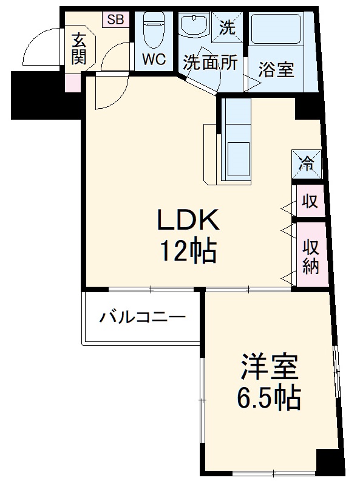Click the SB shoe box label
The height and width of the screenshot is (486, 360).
[x=115, y=19]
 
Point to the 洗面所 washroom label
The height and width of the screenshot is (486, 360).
[x=211, y=63]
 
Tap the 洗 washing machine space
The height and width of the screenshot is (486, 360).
[x=227, y=27]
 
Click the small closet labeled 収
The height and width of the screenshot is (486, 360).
[x=310, y=202]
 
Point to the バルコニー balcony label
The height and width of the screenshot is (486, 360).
[x=143, y=318]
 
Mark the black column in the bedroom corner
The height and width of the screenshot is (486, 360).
[x=330, y=462]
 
